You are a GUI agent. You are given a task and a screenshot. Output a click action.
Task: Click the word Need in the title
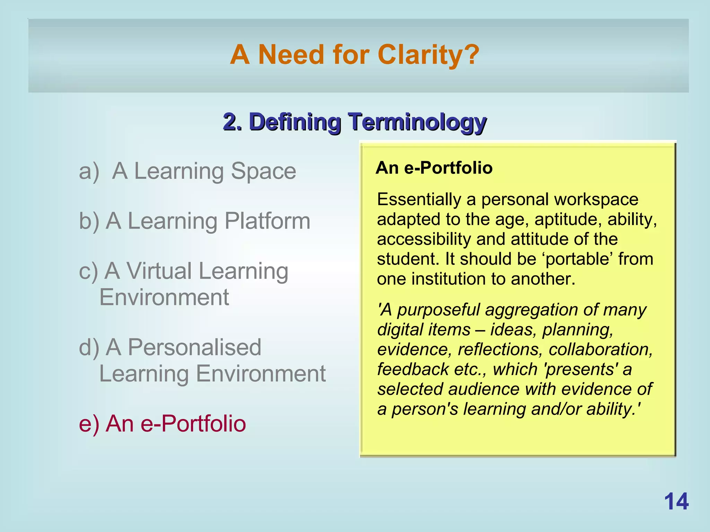[291, 55]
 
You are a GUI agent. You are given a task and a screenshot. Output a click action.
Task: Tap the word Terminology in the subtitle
[417, 122]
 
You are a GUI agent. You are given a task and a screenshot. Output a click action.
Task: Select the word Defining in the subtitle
[295, 122]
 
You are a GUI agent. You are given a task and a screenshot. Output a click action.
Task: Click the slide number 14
[676, 502]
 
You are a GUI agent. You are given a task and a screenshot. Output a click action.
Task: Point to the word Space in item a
[263, 171]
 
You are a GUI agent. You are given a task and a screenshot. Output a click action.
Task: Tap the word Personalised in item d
[194, 347]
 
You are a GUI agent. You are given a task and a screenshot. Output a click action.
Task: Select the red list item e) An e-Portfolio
[162, 424]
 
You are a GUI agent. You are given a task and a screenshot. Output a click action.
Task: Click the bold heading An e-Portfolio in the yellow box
[434, 168]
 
